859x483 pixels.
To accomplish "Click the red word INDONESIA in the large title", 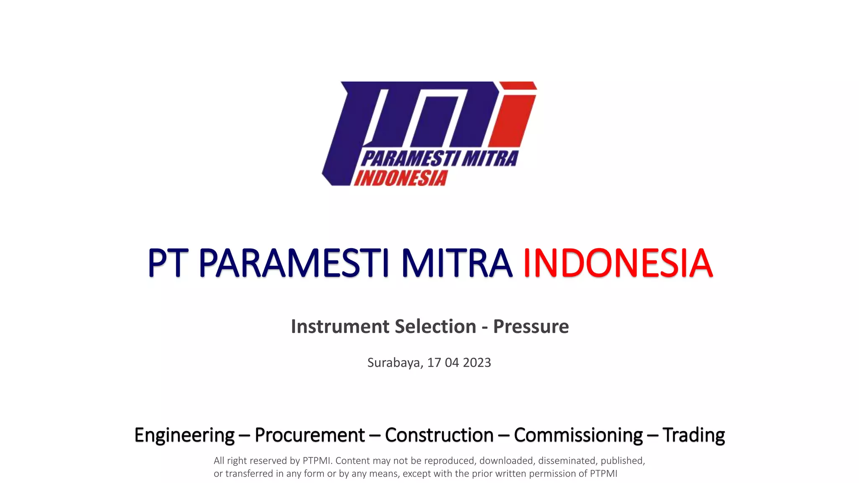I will (x=617, y=263).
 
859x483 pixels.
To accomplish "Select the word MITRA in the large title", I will (x=456, y=263).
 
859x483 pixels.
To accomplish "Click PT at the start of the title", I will (x=167, y=263).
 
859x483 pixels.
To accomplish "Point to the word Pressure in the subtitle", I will (x=531, y=327).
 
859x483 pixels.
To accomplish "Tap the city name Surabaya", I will (x=395, y=363).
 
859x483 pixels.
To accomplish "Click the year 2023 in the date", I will (x=476, y=363).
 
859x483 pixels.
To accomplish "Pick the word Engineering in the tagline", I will (x=184, y=435).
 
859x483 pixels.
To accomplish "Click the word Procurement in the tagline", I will (x=310, y=435).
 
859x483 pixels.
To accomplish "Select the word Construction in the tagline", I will (x=439, y=435).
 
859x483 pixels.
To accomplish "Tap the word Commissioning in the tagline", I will (x=578, y=435).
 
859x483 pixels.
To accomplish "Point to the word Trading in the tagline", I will (x=693, y=435).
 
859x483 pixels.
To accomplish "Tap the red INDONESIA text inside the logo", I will (x=401, y=178).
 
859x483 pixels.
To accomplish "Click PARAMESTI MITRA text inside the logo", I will (x=439, y=159).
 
